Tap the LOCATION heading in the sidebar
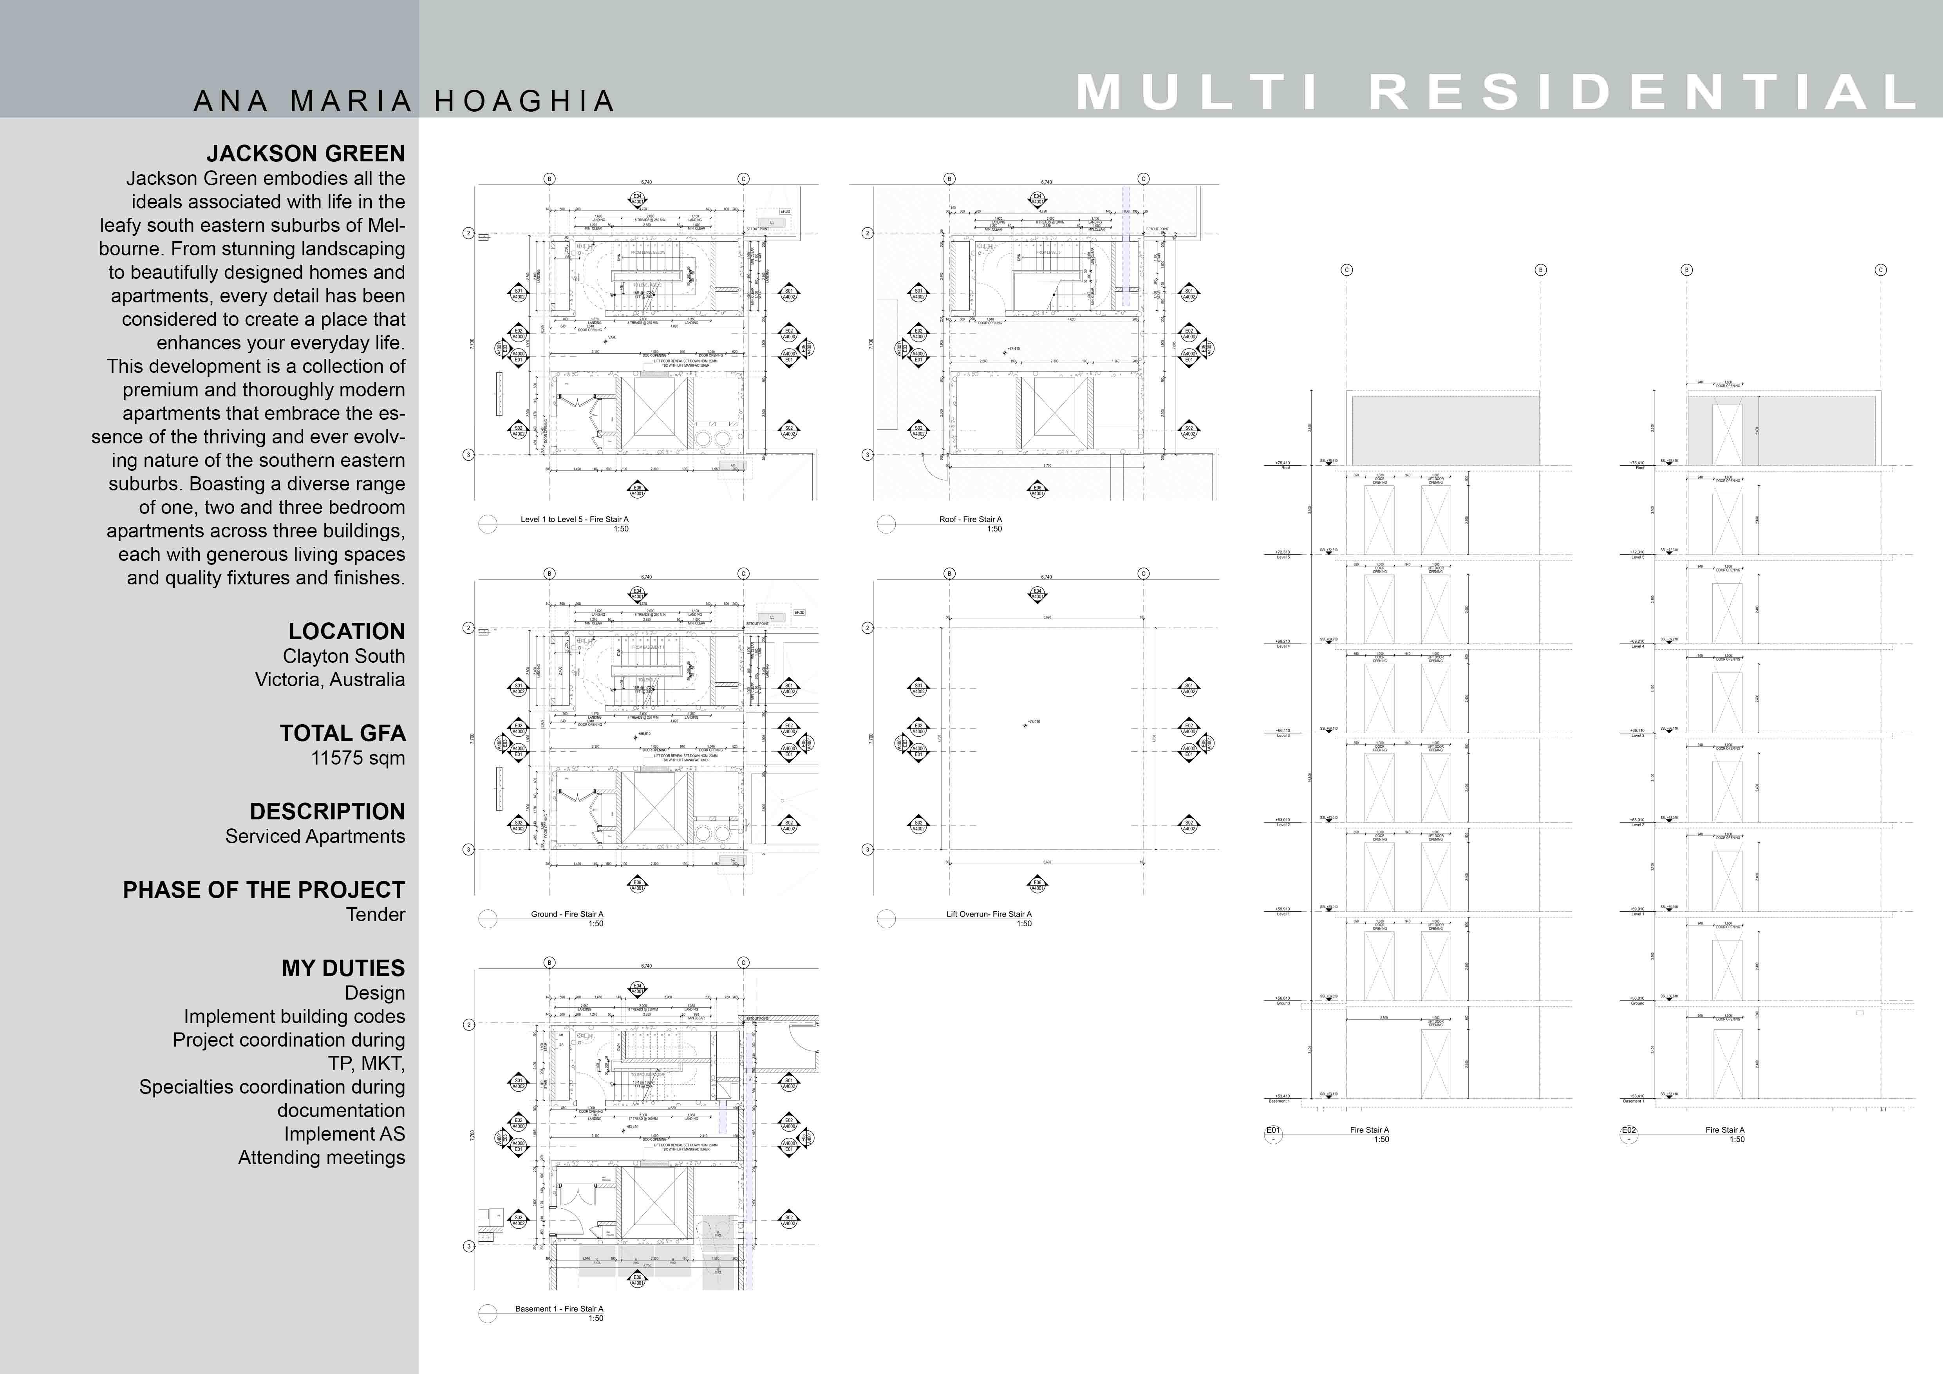[346, 631]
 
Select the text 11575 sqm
[358, 758]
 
